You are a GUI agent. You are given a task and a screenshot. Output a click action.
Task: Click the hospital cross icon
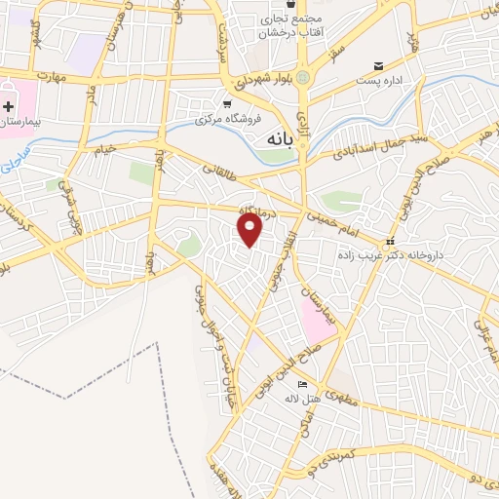8,104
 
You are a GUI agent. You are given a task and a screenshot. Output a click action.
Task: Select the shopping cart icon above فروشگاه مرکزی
227,104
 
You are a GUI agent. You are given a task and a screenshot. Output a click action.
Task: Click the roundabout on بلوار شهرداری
302,76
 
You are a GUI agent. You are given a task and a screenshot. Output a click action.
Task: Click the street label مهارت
47,76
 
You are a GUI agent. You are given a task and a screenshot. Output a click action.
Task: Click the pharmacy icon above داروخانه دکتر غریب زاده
390,240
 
